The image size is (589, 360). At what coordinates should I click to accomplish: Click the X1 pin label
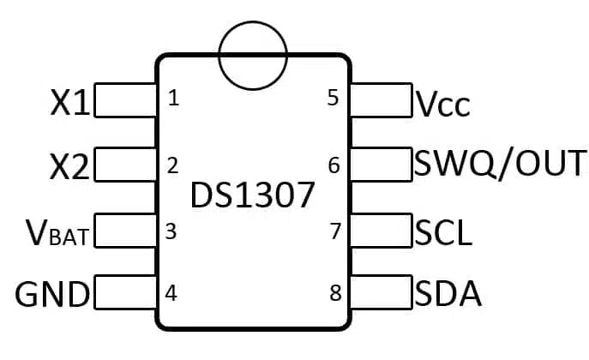pos(70,102)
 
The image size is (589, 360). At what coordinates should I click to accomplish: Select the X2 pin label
pos(69,166)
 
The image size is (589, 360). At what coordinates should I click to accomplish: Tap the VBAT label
pos(57,233)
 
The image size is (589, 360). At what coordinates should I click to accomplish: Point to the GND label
pos(52,294)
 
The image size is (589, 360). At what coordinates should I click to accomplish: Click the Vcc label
pos(442,104)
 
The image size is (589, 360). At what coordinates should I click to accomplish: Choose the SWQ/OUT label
pos(500,164)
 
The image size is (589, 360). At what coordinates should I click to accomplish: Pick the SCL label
pos(443,233)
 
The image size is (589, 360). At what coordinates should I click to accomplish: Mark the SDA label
pos(448,294)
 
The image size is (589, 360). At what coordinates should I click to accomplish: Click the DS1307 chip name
pos(252,195)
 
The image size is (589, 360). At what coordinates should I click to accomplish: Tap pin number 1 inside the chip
pos(173,98)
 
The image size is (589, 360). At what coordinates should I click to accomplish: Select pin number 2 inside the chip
pos(172,165)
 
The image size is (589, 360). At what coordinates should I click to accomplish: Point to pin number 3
pos(171,231)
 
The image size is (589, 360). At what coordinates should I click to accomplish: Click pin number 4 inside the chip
pos(171,293)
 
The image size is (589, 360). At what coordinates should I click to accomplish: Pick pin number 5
pos(334,98)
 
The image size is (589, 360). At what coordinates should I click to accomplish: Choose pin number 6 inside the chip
pos(334,165)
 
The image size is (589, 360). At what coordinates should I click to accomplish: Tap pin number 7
pos(335,231)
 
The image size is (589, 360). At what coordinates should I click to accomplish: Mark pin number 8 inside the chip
pos(335,293)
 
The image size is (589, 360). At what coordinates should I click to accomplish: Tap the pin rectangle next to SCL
pos(381,230)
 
